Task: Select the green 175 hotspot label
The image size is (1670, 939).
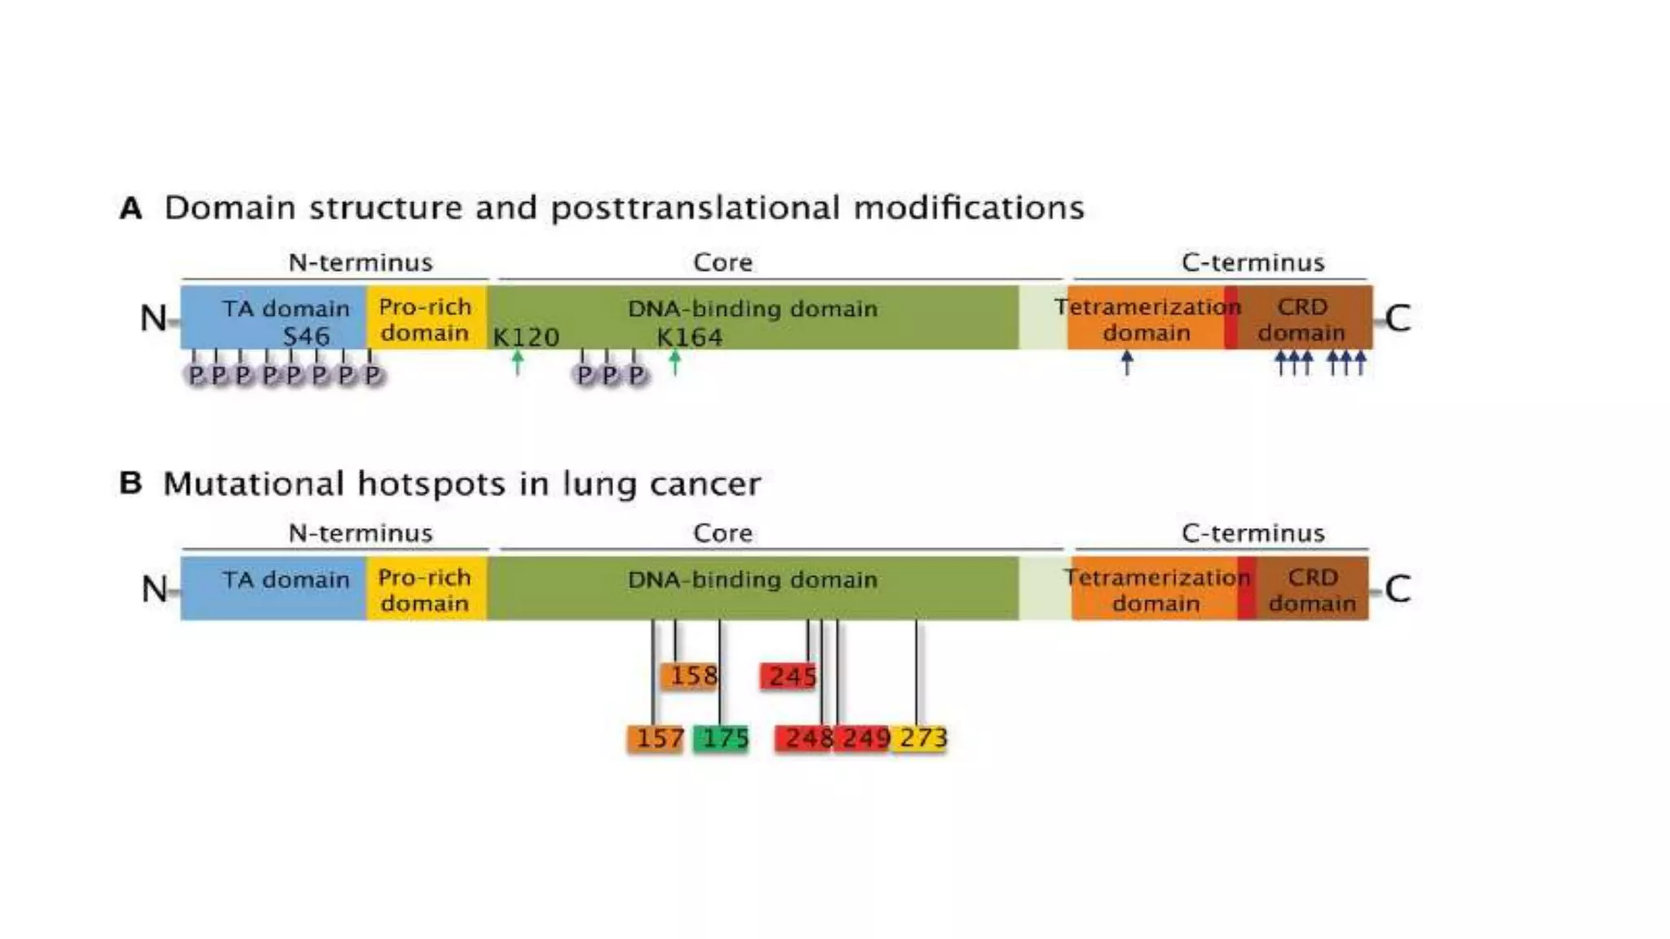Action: click(722, 738)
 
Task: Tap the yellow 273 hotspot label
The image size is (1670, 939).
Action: click(920, 738)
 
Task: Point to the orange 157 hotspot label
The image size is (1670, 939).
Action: click(656, 738)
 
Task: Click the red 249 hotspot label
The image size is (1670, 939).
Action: click(863, 738)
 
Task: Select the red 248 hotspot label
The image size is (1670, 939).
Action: click(804, 738)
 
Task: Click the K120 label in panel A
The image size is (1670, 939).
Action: click(526, 337)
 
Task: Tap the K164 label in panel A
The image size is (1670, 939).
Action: click(689, 337)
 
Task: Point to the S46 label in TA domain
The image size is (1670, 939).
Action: click(307, 337)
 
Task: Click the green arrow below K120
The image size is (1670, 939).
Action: click(518, 361)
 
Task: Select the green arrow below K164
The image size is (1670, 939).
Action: click(674, 361)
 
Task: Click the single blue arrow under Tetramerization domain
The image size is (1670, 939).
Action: click(1127, 362)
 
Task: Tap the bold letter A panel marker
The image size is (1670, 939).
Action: click(130, 209)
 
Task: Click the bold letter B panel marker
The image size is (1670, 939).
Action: click(130, 483)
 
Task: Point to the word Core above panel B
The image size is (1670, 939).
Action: click(722, 533)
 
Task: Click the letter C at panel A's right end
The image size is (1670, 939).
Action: click(1398, 318)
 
